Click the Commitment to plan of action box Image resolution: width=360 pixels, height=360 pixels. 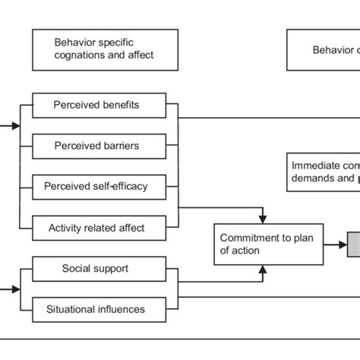261,244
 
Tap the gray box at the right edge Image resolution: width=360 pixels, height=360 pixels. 353,244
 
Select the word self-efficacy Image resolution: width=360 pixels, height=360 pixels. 124,185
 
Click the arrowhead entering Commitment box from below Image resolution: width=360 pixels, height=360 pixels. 262,269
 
